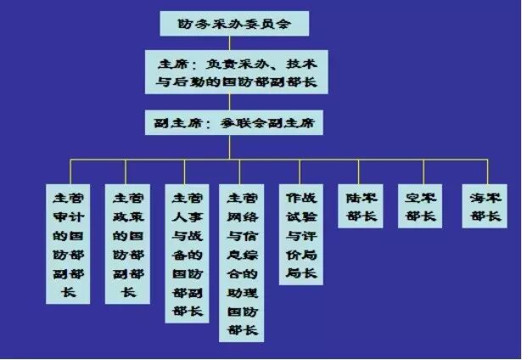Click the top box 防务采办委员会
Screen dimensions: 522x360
(233, 23)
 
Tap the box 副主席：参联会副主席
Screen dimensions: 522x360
(233, 122)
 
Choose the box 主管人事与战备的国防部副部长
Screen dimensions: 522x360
(187, 254)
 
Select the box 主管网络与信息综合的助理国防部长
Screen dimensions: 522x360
(241, 263)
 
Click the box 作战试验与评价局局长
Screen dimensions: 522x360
(301, 234)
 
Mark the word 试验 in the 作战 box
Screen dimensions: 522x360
(301, 216)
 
